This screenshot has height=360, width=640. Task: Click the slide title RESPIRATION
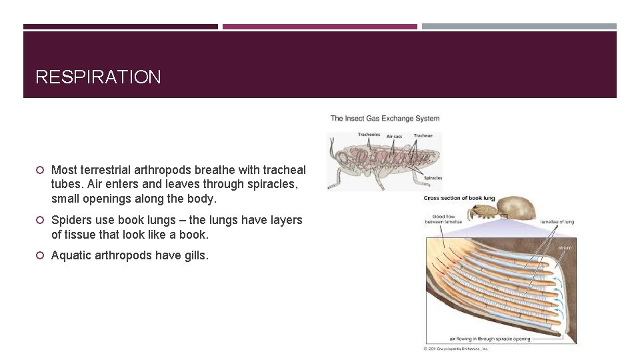(x=98, y=77)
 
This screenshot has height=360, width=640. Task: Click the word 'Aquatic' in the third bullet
(x=72, y=255)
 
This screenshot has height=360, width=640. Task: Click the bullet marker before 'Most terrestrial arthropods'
(x=40, y=171)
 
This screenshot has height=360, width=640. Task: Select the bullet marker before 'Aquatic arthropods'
(x=40, y=255)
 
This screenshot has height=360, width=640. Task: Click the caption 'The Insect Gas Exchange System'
(x=385, y=119)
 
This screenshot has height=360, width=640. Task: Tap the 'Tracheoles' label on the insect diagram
(x=369, y=135)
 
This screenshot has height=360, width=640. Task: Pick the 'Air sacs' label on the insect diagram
(x=394, y=137)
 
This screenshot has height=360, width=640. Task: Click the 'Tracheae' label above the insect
(x=423, y=135)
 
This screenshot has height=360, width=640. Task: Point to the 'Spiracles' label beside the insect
(x=433, y=178)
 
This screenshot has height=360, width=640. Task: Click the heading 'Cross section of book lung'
(x=459, y=198)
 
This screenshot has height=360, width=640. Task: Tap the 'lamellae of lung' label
(x=557, y=221)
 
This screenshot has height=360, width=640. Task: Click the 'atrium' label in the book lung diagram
(x=565, y=248)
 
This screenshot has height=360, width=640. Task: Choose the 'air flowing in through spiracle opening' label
(x=490, y=339)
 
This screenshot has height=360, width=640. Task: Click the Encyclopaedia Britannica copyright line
(x=457, y=349)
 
